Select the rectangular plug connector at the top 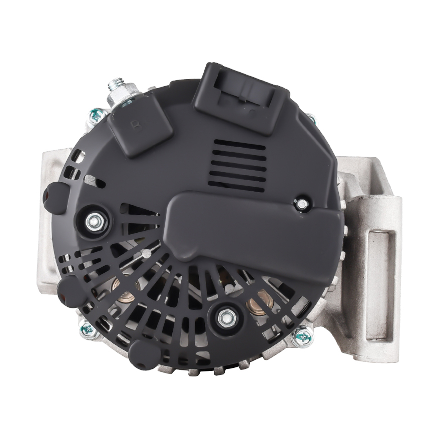pyautogui.click(x=241, y=97)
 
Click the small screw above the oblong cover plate pyautogui.click(x=301, y=205)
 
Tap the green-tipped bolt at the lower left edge pyautogui.click(x=87, y=329)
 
